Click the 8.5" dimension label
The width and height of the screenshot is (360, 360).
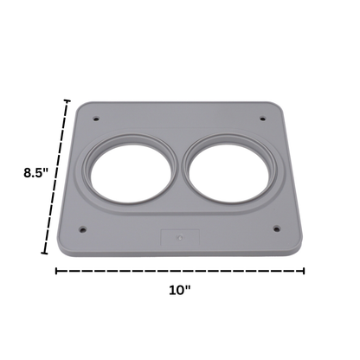[35, 173]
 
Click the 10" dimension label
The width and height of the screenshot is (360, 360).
[180, 290]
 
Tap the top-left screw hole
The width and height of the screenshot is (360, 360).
[96, 119]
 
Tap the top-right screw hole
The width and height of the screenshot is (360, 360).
[262, 119]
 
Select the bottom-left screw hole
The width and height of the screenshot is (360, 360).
[82, 230]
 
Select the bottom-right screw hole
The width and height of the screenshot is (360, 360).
[277, 229]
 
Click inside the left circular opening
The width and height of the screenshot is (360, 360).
[132, 173]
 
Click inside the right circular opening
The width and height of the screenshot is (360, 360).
[230, 173]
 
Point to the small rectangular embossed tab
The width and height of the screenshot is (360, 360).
[180, 237]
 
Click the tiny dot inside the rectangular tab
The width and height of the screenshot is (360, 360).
[180, 238]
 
